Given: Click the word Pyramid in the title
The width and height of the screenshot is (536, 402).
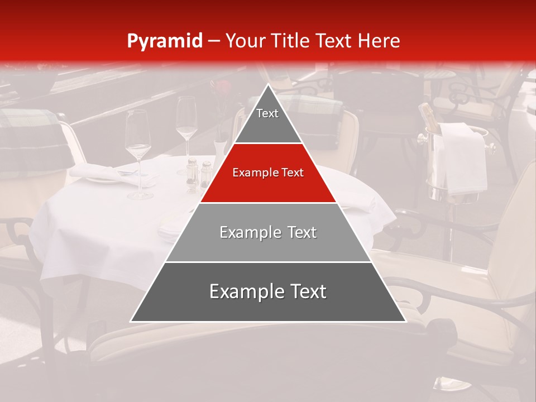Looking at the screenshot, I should (x=164, y=41).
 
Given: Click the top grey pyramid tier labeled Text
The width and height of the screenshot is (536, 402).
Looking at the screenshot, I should (x=267, y=120).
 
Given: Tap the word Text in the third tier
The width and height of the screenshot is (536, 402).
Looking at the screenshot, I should (x=298, y=232).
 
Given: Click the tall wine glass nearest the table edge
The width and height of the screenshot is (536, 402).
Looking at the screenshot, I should (x=138, y=151).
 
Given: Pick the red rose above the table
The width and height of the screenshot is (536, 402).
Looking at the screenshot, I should (x=223, y=89).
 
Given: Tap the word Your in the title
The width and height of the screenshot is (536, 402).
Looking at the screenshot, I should (x=243, y=41).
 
